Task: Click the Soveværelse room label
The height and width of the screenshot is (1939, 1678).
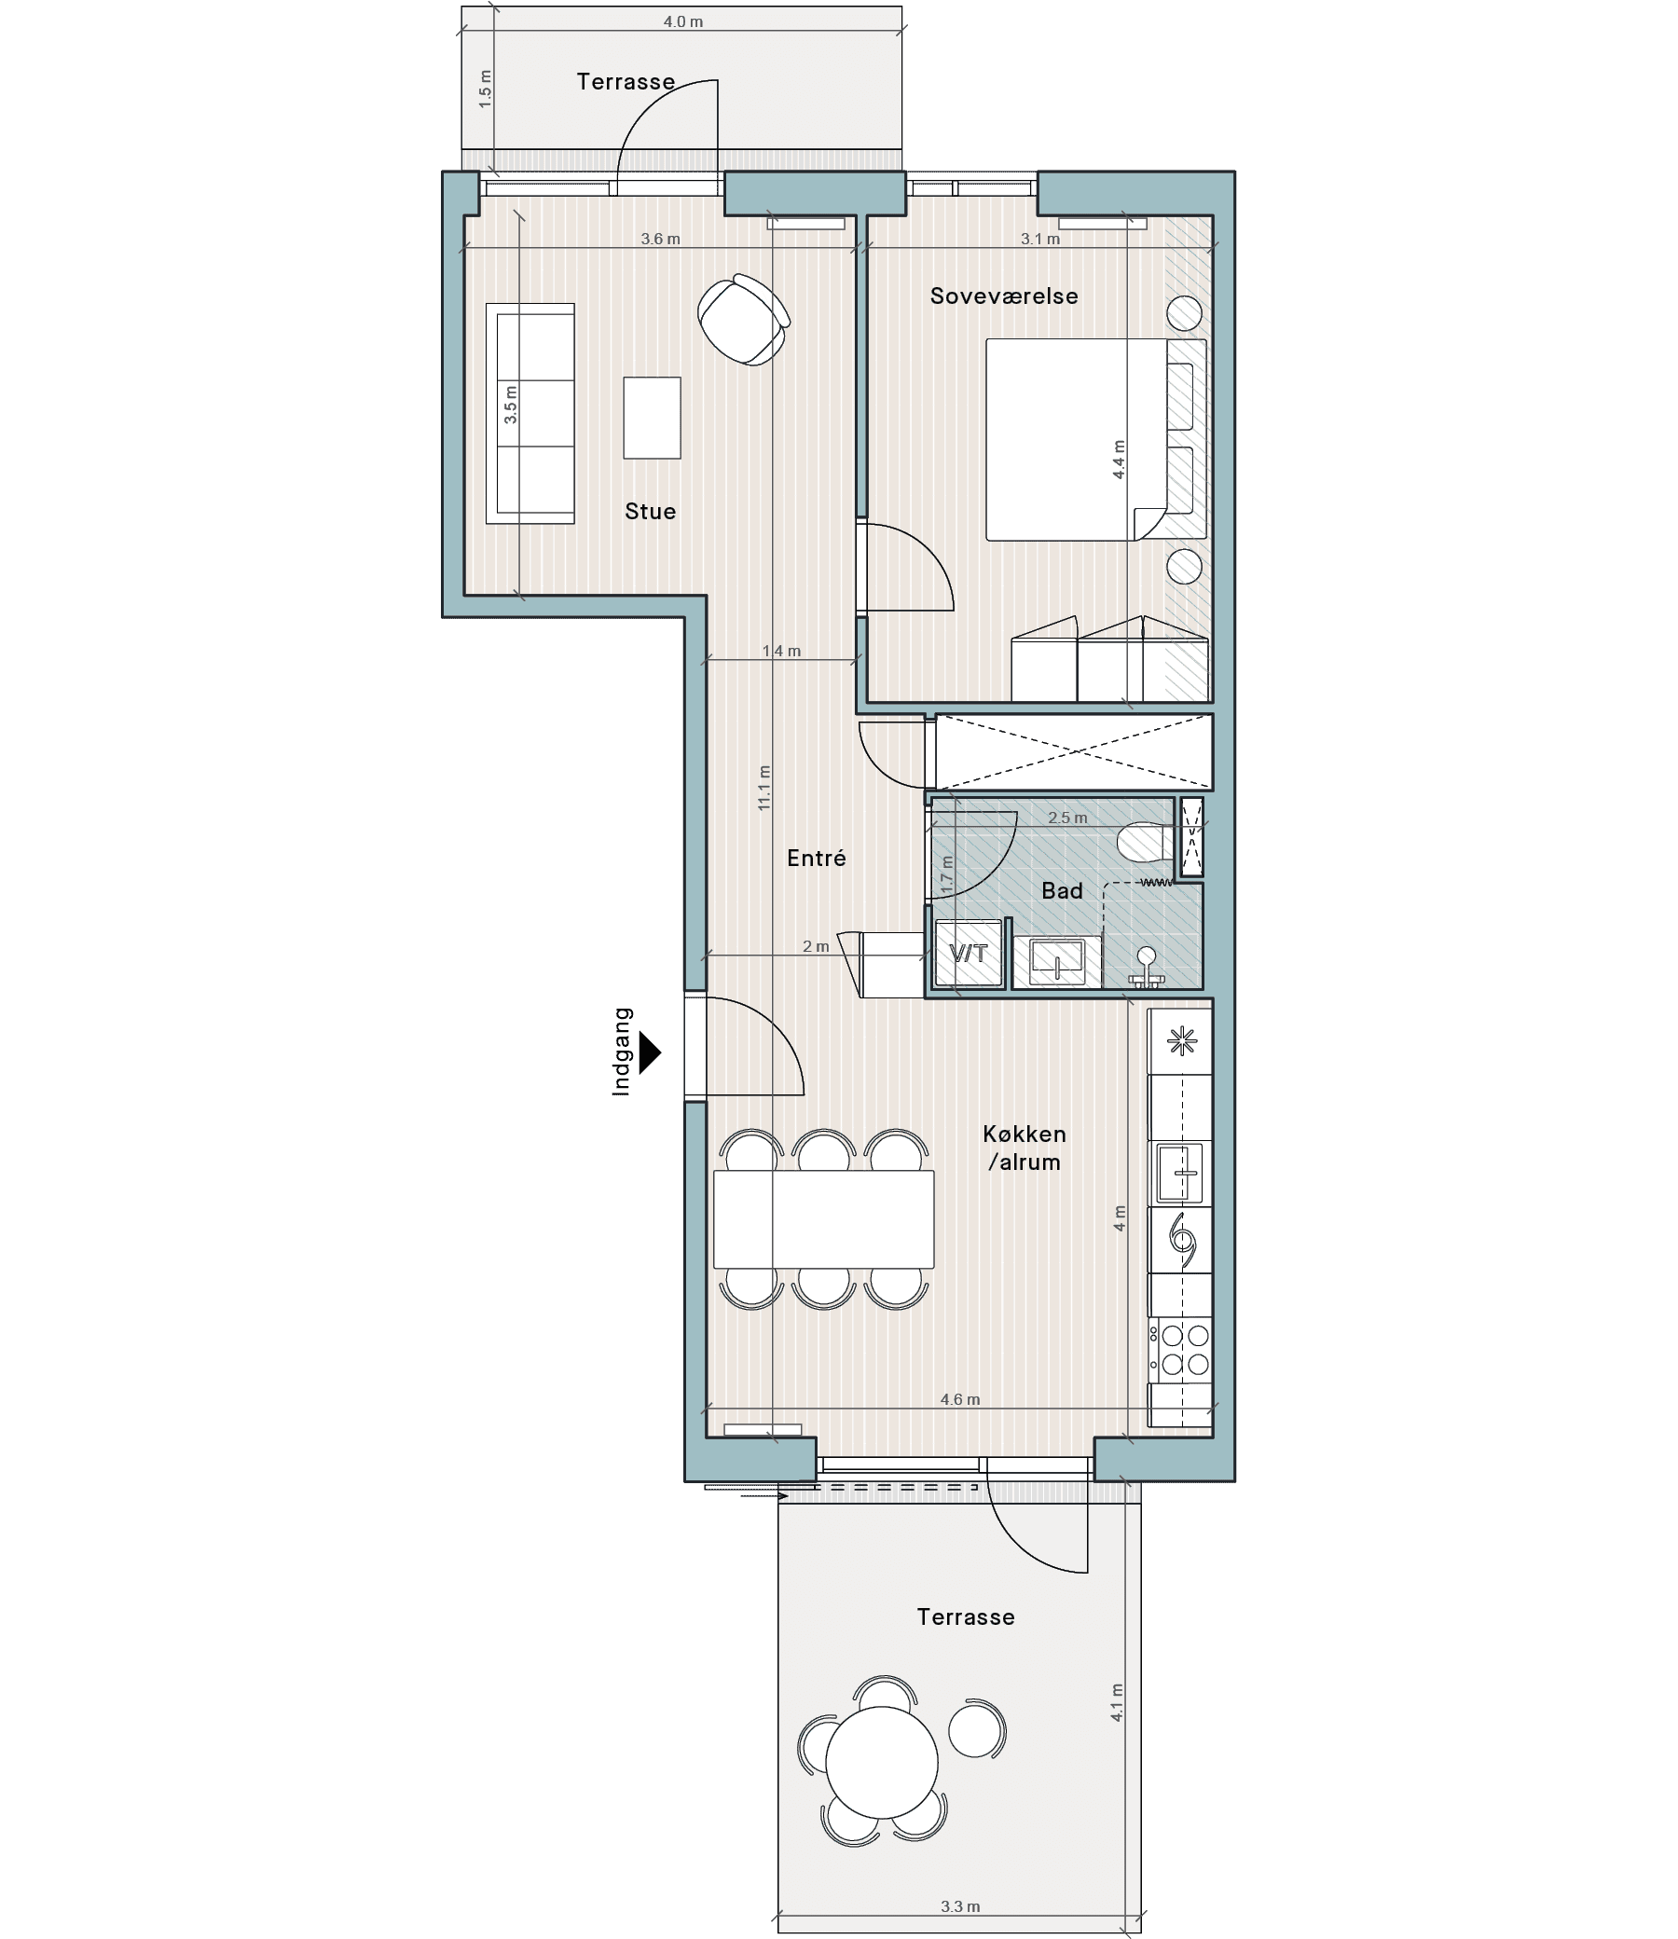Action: pyautogui.click(x=1004, y=296)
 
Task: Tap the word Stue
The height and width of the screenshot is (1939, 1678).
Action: pyautogui.click(x=650, y=511)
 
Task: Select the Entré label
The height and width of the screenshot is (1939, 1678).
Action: pyautogui.click(x=817, y=858)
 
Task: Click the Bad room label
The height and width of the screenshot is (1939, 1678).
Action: pyautogui.click(x=1062, y=890)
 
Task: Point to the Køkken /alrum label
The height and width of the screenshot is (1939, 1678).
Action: pyautogui.click(x=1025, y=1148)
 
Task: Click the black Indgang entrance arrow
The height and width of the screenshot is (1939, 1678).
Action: pyautogui.click(x=650, y=1052)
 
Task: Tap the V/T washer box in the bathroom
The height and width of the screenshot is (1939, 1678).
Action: pyautogui.click(x=970, y=953)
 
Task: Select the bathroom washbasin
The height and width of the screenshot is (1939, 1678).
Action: pyautogui.click(x=1057, y=960)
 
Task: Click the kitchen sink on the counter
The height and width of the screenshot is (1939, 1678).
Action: pyautogui.click(x=1180, y=1172)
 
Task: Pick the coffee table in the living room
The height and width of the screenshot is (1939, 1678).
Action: pyautogui.click(x=652, y=418)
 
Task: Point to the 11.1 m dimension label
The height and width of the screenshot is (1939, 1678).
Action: pyautogui.click(x=765, y=788)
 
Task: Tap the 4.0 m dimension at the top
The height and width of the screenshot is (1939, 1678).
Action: pyautogui.click(x=682, y=21)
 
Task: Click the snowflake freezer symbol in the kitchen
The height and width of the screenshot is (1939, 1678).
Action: pyautogui.click(x=1182, y=1040)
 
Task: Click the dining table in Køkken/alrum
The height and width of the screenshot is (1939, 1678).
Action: pyautogui.click(x=824, y=1220)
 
